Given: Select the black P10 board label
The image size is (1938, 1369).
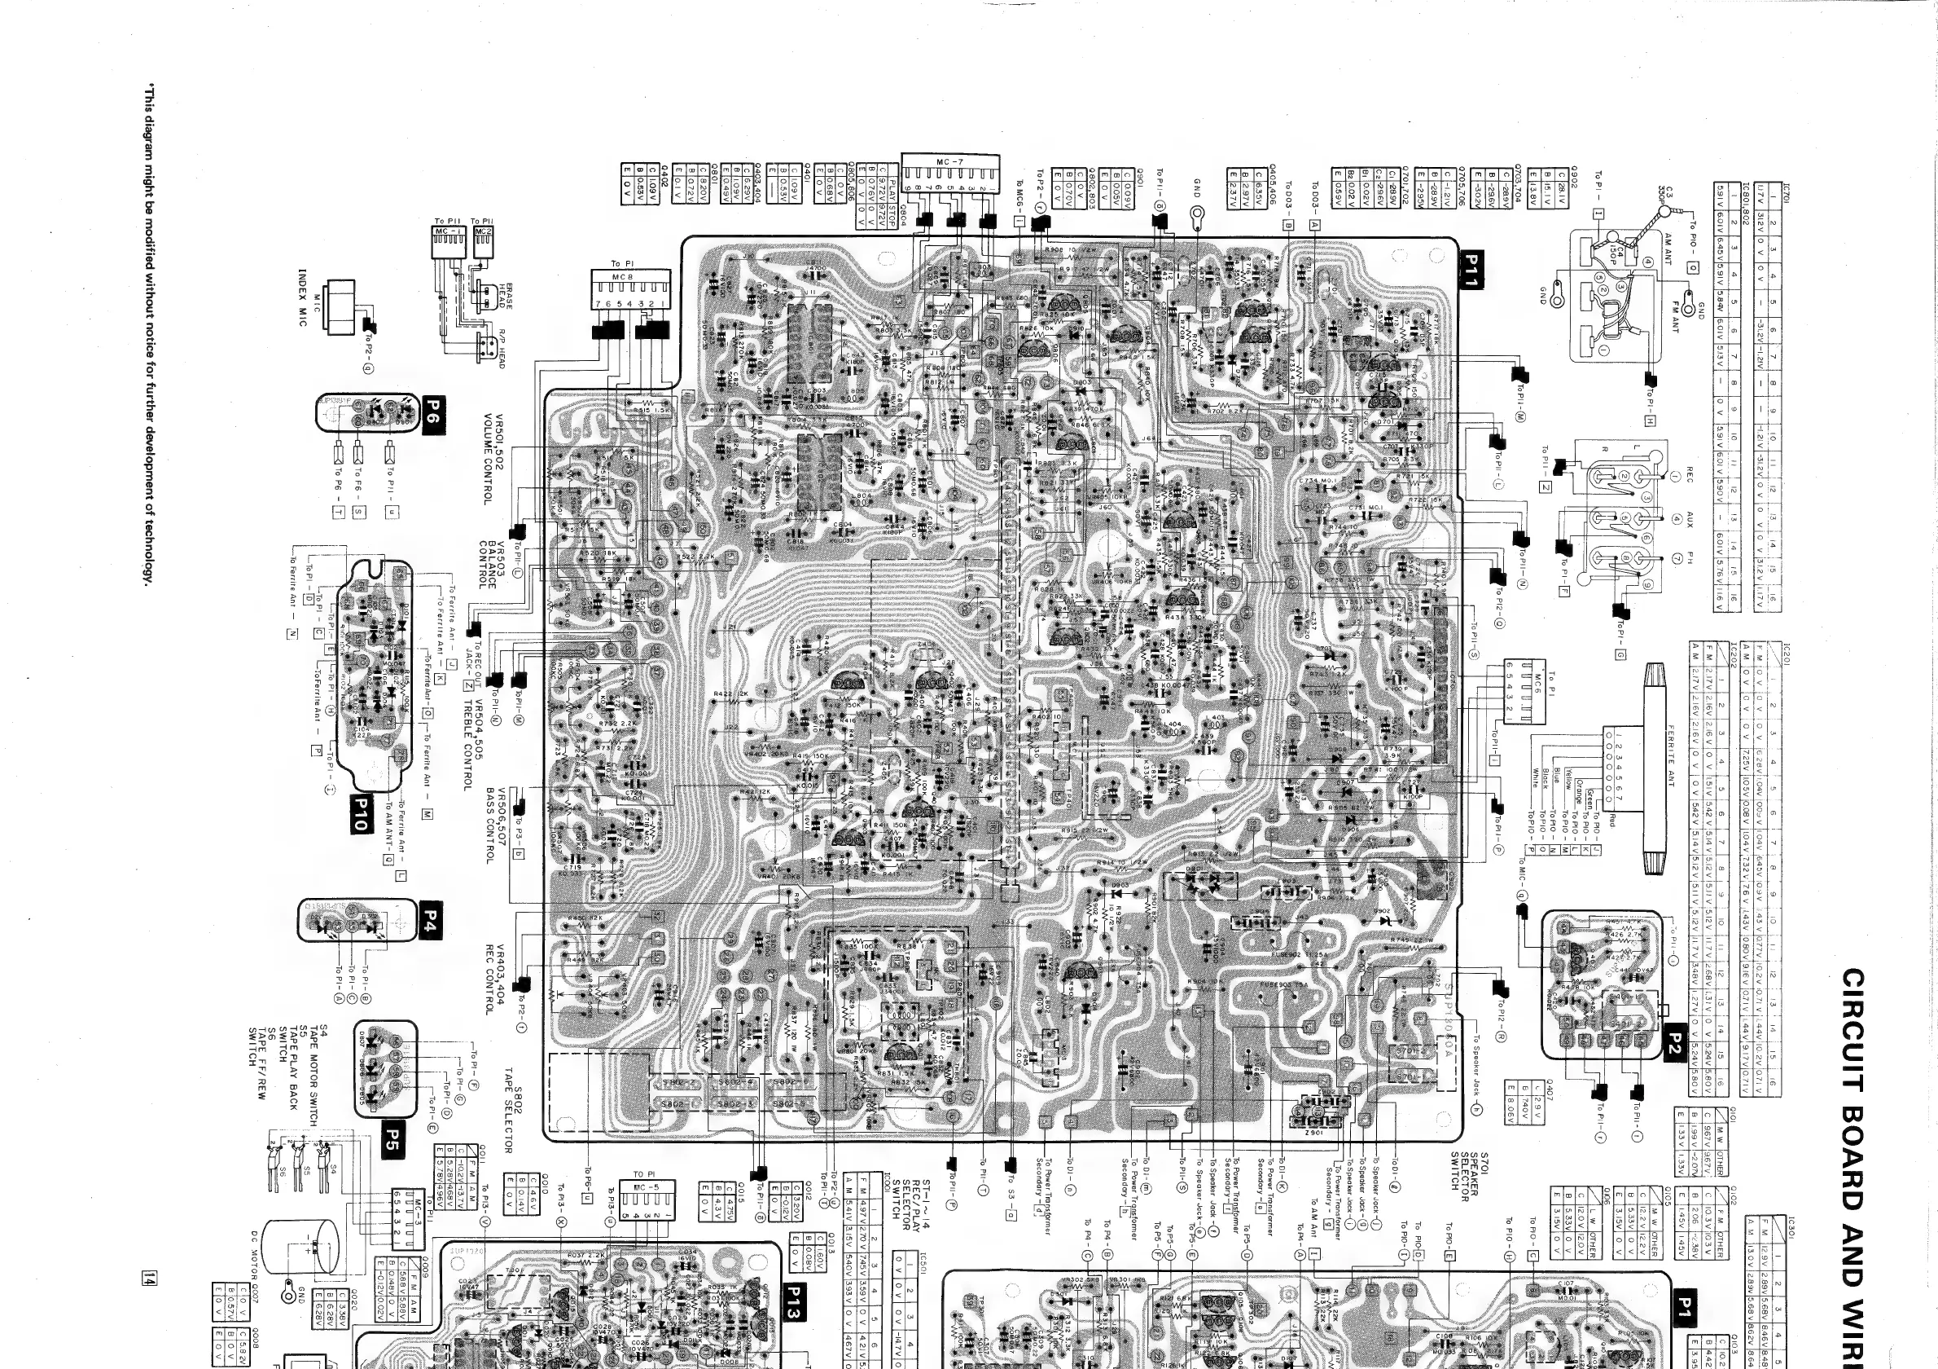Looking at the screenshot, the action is (361, 814).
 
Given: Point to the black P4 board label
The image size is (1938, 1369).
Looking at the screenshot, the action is (431, 920).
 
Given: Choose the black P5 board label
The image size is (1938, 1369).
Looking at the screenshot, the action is (392, 1137).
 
